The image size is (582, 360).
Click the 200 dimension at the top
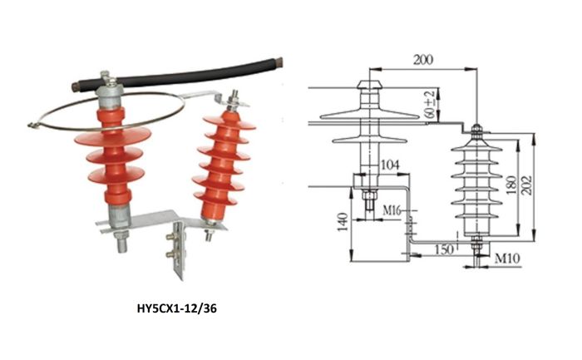[423, 61]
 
